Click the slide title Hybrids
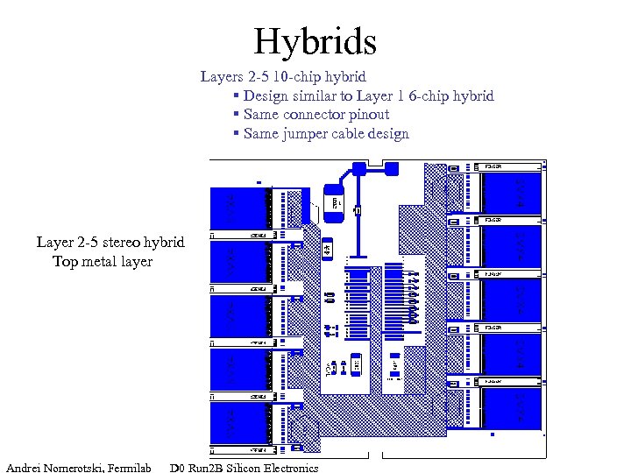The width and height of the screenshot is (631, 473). (x=315, y=41)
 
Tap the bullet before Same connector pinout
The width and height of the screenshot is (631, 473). (x=237, y=115)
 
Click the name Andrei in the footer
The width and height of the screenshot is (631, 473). (x=27, y=468)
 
